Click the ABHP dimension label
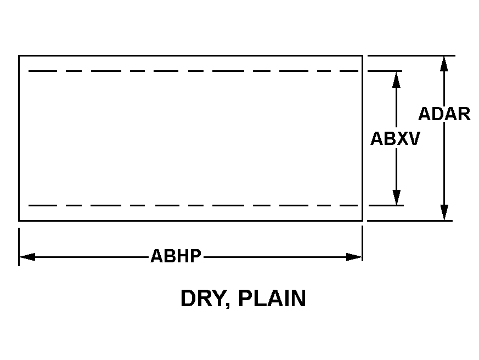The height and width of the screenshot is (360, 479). point(176,256)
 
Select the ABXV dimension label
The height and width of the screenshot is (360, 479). point(395,138)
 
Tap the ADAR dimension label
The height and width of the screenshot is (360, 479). point(444,114)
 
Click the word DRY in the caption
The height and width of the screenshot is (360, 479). point(203,299)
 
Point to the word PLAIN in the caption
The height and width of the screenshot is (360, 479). point(272,299)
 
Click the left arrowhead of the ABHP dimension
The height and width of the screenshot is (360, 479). point(27,257)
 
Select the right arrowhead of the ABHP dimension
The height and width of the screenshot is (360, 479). point(354,257)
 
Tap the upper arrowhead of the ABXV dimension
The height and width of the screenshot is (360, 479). point(396,80)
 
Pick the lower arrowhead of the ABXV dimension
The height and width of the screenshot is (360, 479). point(397,197)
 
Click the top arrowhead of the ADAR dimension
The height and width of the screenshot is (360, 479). point(444,64)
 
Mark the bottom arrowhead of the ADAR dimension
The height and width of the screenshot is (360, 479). point(444,212)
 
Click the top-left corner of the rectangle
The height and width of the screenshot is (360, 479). point(19,55)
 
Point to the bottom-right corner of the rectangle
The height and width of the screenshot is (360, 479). point(362,221)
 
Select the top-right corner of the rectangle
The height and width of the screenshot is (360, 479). point(362,55)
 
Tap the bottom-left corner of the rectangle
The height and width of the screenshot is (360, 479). point(19,221)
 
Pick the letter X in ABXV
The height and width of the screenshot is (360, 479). point(402,138)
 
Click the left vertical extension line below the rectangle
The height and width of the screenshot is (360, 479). point(19,246)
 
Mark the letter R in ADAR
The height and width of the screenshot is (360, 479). point(464,114)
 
